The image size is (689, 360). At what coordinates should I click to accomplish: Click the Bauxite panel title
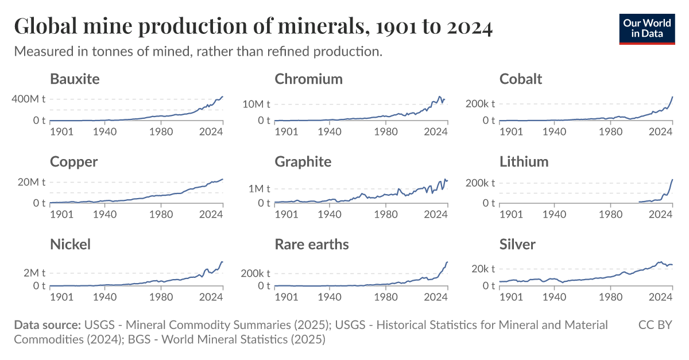[x=75, y=79]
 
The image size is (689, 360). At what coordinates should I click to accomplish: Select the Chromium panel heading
[x=308, y=79]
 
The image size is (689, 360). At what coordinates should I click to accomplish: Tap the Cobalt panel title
[x=520, y=79]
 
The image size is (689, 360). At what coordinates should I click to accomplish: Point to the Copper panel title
[x=73, y=162]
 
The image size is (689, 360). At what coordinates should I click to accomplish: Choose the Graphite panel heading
[x=303, y=162]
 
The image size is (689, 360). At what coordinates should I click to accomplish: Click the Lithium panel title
[x=524, y=162]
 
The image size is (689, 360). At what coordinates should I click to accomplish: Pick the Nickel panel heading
[x=70, y=245]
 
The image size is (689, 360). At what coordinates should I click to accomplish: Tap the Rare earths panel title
[x=311, y=245]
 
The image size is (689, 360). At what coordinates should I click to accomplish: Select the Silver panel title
[x=517, y=245]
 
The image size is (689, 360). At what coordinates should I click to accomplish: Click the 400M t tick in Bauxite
[x=29, y=99]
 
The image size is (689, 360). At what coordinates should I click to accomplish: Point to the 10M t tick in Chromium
[x=256, y=104]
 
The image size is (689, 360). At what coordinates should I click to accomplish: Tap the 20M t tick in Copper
[x=31, y=183]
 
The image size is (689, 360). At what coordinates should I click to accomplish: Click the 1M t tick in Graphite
[x=258, y=188]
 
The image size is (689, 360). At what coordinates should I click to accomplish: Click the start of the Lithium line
[x=638, y=202]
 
